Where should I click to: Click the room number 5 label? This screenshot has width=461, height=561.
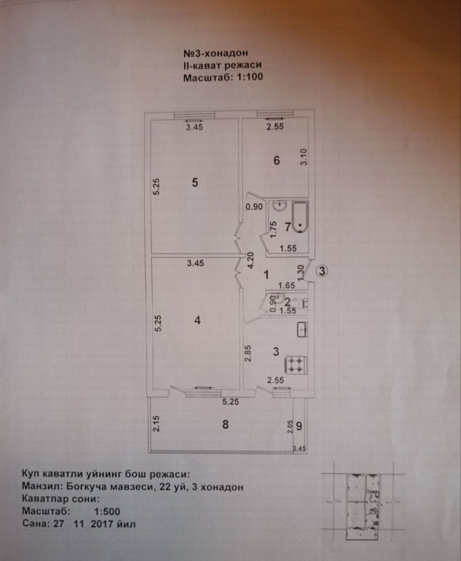(x=195, y=182)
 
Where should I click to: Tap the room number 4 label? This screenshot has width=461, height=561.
(x=197, y=320)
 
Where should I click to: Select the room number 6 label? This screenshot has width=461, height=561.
(x=277, y=160)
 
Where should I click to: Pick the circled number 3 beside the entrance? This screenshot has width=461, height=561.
(x=322, y=271)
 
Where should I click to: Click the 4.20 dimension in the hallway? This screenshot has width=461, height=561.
(x=250, y=261)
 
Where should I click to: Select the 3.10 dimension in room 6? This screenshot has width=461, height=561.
(x=304, y=157)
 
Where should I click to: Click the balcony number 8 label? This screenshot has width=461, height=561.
(x=226, y=424)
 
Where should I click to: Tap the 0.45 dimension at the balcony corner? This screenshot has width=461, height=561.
(x=299, y=448)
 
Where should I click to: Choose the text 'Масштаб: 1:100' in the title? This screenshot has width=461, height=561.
(x=223, y=77)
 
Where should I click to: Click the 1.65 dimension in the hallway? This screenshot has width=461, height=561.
(x=286, y=285)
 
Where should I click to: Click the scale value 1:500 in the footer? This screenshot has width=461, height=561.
(x=107, y=511)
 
